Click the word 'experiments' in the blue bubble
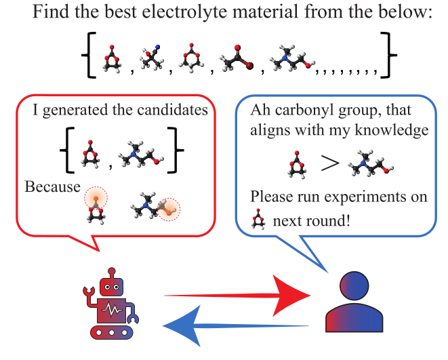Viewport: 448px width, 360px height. click(358, 197)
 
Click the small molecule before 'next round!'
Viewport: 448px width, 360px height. click(258, 220)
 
